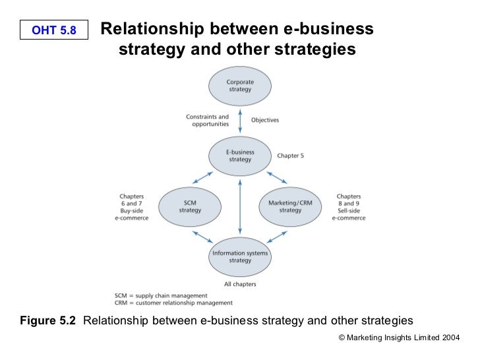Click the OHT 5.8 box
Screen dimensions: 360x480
(x=54, y=30)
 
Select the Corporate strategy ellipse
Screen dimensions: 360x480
(x=240, y=86)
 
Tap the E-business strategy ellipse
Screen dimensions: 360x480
(x=240, y=156)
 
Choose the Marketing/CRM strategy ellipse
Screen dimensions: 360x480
(x=290, y=206)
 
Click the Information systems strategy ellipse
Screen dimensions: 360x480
(x=240, y=256)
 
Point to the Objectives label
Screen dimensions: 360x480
(x=265, y=120)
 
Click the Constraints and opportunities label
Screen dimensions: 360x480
(x=208, y=120)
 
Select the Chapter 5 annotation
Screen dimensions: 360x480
(x=291, y=156)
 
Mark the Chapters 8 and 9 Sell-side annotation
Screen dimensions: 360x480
(x=348, y=207)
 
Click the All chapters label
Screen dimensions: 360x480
(x=240, y=284)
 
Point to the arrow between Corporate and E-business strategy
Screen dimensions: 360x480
(x=240, y=121)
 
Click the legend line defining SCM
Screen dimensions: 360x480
(x=161, y=295)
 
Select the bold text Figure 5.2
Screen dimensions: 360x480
(x=48, y=321)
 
